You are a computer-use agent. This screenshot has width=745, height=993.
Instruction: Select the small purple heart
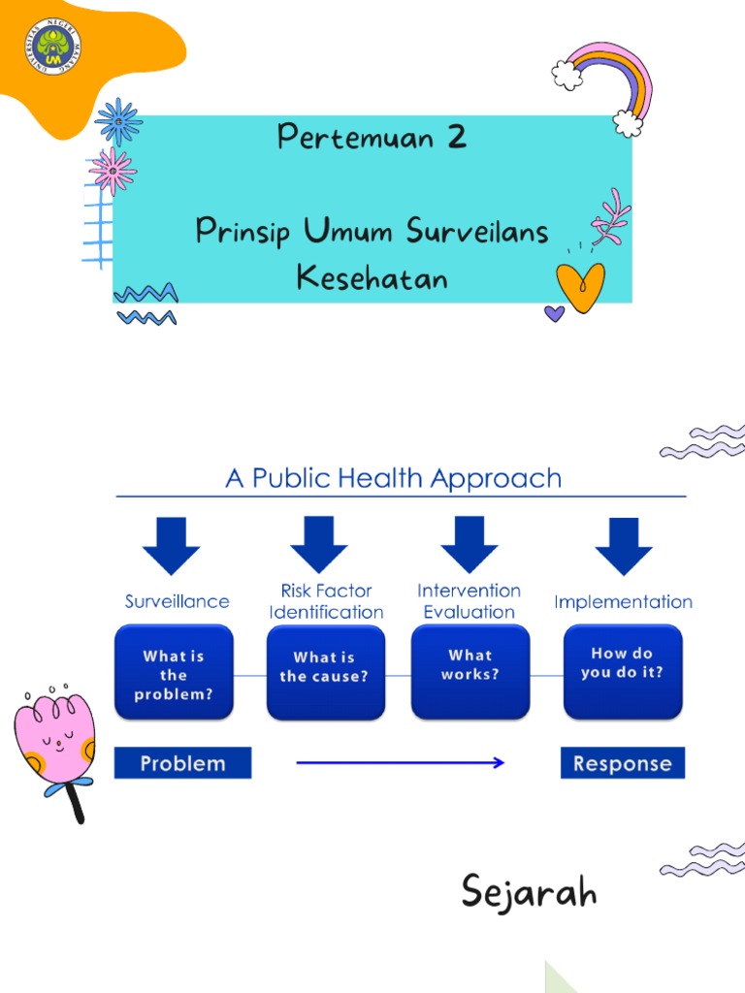pyautogui.click(x=554, y=313)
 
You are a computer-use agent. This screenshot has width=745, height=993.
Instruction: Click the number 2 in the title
pyautogui.click(x=456, y=138)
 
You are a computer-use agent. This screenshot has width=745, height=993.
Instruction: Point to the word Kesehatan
pyautogui.click(x=372, y=278)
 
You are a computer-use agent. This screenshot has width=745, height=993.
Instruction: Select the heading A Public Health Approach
pyautogui.click(x=393, y=478)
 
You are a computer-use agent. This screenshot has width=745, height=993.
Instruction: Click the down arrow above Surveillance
pyautogui.click(x=171, y=545)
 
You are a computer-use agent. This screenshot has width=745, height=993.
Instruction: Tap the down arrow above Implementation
pyautogui.click(x=623, y=545)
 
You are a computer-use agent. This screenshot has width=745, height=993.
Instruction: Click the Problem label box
pyautogui.click(x=182, y=763)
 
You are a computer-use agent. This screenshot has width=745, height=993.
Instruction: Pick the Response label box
pyautogui.click(x=622, y=763)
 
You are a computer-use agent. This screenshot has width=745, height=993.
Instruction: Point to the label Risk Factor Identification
pyautogui.click(x=326, y=601)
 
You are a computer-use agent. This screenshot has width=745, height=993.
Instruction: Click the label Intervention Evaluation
pyautogui.click(x=470, y=601)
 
